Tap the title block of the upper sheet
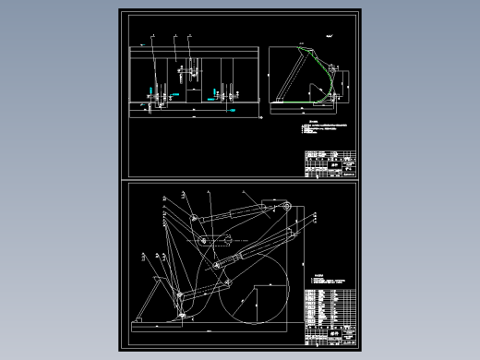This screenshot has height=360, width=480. pyautogui.click(x=329, y=164)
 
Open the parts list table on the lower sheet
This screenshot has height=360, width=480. pyautogui.click(x=329, y=309)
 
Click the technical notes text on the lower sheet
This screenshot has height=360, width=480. pyautogui.click(x=325, y=281)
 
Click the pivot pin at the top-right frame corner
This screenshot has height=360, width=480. pyautogui.click(x=288, y=207)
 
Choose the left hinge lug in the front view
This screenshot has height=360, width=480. pyautogui.click(x=153, y=93)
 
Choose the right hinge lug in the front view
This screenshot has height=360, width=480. pyautogui.click(x=222, y=92)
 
